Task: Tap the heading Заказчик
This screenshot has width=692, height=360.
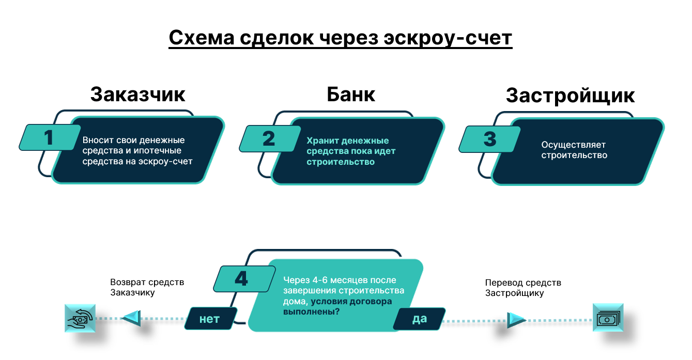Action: [x=137, y=95]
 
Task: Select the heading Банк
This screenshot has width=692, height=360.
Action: [x=351, y=95]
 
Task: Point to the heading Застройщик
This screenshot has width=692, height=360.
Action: [x=570, y=96]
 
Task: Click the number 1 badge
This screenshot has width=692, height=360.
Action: [x=49, y=138]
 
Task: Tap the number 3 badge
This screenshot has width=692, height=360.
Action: [x=489, y=139]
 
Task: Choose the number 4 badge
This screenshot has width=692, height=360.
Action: [x=241, y=279]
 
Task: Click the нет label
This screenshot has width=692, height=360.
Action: [x=210, y=319]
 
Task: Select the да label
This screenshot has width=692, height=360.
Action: [x=420, y=319]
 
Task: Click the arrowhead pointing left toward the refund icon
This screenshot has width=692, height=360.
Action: [x=130, y=319]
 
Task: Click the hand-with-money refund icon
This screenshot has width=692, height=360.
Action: [x=80, y=318]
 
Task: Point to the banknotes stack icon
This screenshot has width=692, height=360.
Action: [x=608, y=318]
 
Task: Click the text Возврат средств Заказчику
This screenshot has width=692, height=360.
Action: [x=147, y=288]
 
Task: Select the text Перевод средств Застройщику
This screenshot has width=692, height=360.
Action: [x=522, y=288]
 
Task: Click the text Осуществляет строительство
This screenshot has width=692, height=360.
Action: [x=574, y=150]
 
